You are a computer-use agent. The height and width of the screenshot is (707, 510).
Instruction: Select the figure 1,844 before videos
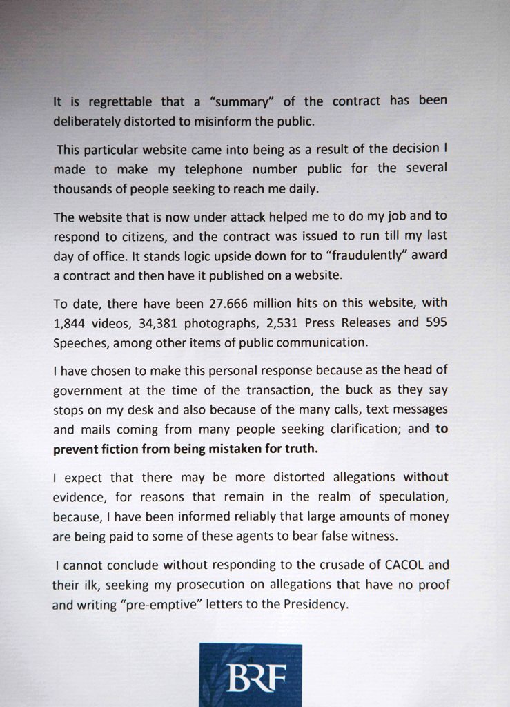point(70,324)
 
